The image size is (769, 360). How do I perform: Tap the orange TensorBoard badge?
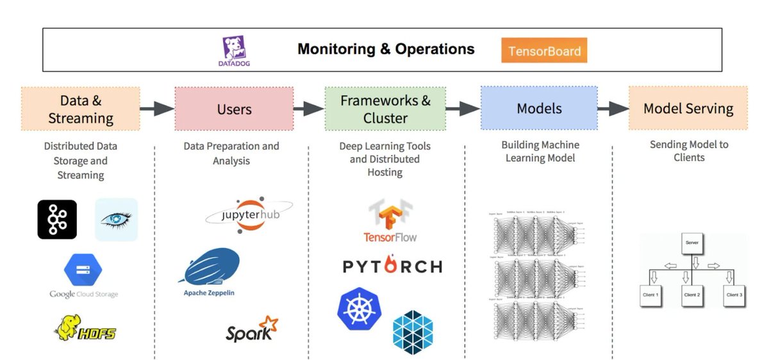click(544, 51)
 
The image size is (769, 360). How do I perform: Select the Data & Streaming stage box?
click(81, 109)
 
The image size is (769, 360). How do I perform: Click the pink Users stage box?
click(234, 109)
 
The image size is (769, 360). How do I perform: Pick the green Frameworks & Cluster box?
click(385, 109)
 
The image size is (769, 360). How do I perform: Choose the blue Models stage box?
click(539, 109)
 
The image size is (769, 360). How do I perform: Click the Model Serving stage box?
click(688, 109)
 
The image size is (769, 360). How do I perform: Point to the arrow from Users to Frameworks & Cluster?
click(309, 109)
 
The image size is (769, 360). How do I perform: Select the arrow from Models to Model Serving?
click(613, 109)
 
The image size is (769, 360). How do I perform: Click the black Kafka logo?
click(57, 220)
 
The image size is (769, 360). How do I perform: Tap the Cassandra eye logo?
click(117, 220)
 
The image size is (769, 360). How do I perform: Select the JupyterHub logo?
click(249, 215)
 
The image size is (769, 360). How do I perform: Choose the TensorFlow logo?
click(390, 221)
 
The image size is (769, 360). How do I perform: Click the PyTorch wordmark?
click(392, 266)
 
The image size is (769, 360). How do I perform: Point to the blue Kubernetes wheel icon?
click(360, 307)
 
